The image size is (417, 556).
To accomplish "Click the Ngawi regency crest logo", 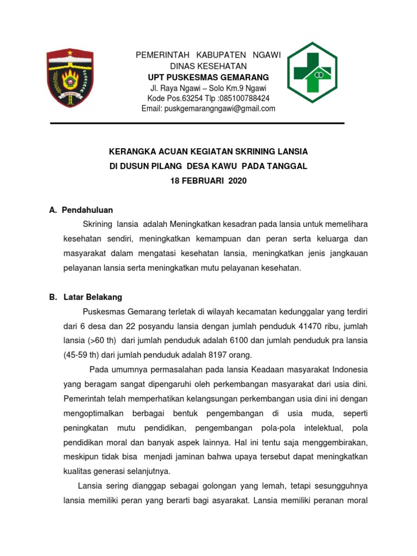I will click(x=69, y=78).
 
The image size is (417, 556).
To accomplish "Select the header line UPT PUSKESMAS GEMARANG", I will click(x=208, y=77).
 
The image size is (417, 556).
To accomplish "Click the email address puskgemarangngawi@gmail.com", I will click(x=208, y=109).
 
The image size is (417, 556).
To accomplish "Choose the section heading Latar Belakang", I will click(x=93, y=297).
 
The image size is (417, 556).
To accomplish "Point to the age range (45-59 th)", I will click(x=83, y=355).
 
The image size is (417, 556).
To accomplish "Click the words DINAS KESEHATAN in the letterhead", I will click(x=208, y=66).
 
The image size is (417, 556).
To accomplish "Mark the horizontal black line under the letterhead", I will click(x=197, y=123).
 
